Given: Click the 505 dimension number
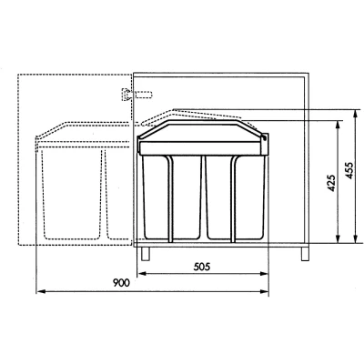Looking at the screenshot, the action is [202, 267].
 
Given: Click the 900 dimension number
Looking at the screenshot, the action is [121, 283].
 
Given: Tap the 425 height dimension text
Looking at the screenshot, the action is [332, 183].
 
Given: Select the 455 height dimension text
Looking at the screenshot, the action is [349, 170].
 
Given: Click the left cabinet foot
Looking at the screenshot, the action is [146, 254].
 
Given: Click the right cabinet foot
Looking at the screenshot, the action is [305, 254].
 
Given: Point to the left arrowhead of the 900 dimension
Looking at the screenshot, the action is [41, 291].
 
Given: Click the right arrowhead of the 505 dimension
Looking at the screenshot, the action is [264, 274].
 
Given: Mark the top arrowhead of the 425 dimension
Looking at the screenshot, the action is [338, 125].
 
